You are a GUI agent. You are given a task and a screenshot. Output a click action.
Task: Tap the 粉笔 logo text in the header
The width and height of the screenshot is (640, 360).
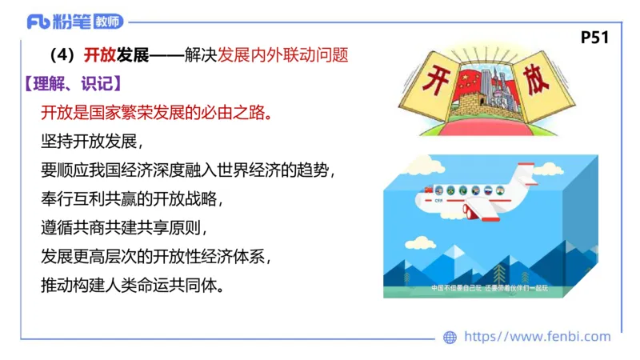pyautogui.click(x=70, y=22)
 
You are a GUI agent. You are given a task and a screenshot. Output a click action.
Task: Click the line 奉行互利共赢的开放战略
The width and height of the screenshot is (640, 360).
pyautogui.click(x=130, y=198)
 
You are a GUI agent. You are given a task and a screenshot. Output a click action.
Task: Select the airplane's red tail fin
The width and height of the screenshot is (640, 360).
pyautogui.click(x=524, y=172)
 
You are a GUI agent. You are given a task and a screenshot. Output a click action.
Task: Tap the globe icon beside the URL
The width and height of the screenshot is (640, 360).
pyautogui.click(x=450, y=337)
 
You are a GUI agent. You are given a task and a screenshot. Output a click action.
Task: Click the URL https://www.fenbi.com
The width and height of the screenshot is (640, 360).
pyautogui.click(x=537, y=337)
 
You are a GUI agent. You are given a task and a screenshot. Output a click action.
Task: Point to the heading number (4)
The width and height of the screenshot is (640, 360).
pyautogui.click(x=62, y=56)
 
